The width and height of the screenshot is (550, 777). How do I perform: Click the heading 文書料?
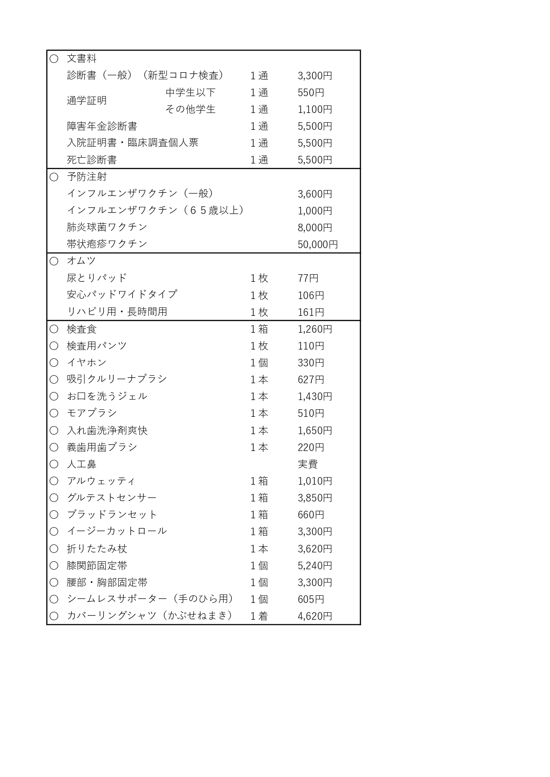coord(82,58)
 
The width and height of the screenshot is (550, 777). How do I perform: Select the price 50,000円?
coord(318,245)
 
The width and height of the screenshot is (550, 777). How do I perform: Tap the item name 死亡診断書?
coord(92,160)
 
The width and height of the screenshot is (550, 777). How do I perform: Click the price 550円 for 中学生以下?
coord(311,93)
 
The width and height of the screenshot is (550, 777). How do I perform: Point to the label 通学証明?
coord(87,101)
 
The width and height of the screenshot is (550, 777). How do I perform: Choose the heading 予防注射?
coord(87,177)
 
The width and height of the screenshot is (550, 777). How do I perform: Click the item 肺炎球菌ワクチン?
coord(107,227)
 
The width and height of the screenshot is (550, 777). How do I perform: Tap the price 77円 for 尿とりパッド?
coord(308,278)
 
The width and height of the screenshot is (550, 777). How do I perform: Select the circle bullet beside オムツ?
coord(54,261)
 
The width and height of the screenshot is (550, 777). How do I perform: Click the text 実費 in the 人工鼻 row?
coord(308,464)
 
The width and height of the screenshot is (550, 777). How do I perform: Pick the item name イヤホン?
coord(87,363)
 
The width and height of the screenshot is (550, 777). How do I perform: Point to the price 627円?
coord(311,380)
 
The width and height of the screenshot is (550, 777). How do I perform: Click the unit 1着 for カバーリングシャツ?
coord(259,616)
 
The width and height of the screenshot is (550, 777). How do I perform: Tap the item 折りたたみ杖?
coord(97,549)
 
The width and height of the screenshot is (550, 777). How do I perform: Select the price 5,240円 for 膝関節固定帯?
coord(315,566)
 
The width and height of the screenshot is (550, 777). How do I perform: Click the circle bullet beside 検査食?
coord(54,329)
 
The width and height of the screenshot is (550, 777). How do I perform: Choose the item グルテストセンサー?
coord(112,498)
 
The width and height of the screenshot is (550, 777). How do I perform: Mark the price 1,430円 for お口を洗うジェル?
coord(315,396)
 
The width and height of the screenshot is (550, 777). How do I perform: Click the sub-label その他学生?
coord(190,109)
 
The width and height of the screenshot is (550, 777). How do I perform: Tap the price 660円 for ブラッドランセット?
coord(311,515)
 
